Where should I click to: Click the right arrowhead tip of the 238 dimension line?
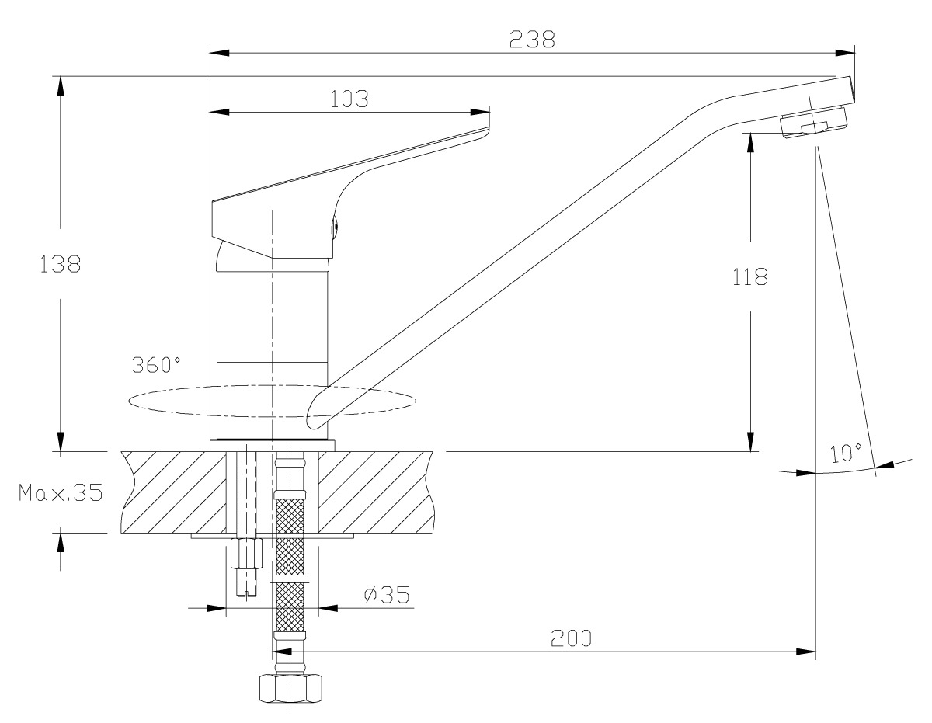coord(854,53)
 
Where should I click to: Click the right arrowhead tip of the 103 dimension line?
coord(489,113)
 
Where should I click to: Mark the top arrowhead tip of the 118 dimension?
coord(750,134)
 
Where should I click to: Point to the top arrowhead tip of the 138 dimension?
coord(60,77)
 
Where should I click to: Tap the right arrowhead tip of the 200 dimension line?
coord(815,652)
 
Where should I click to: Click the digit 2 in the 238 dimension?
coord(516,40)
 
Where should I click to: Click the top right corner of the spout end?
coord(850,76)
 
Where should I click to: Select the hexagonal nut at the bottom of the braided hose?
coord(290,689)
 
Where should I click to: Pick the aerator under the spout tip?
coord(814,123)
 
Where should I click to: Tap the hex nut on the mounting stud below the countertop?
coord(246,553)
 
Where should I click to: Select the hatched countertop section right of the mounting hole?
coord(376,492)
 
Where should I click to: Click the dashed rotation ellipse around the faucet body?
coord(273,401)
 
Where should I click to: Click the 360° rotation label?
coord(155,365)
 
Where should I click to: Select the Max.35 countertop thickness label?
coord(61,492)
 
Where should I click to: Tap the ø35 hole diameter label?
coord(387,595)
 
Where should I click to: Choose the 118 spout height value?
coord(749,277)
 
